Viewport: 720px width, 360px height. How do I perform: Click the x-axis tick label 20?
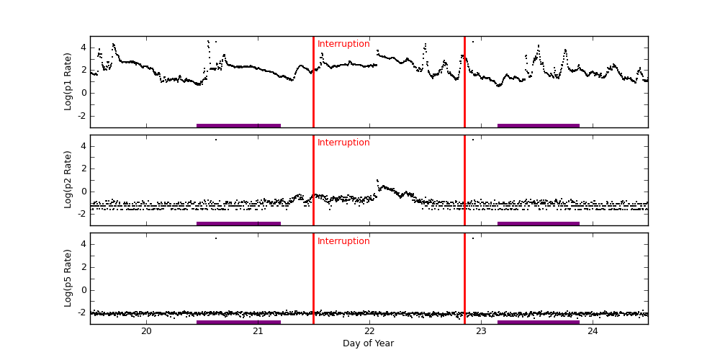tap(146, 330)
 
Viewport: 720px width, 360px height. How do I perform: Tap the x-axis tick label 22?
tap(369, 330)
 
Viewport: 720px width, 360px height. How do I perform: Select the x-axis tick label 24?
tap(593, 330)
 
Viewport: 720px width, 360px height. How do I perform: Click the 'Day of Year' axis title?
tap(368, 343)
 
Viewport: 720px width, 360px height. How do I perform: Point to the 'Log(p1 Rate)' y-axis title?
tap(68, 81)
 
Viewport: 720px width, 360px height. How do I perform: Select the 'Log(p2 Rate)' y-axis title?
tap(68, 180)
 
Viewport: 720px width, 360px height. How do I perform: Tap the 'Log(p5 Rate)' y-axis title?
tap(68, 278)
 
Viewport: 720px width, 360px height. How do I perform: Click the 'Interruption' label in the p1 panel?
tap(343, 44)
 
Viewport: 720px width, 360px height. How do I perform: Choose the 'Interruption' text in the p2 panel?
tap(343, 143)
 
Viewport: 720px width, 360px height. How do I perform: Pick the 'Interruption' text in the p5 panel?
tap(343, 241)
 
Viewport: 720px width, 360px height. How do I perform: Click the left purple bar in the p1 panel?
tap(238, 125)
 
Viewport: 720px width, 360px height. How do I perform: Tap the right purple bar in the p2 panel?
tap(538, 223)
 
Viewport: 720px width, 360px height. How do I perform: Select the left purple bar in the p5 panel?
tap(238, 322)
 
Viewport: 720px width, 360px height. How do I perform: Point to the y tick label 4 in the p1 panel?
tap(83, 48)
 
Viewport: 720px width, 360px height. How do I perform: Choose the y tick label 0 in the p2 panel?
tap(83, 192)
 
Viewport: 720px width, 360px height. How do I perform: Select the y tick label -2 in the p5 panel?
tap(81, 313)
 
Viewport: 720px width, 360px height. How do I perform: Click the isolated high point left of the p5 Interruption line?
tap(215, 238)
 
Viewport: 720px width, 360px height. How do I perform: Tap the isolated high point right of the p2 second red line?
tap(472, 140)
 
